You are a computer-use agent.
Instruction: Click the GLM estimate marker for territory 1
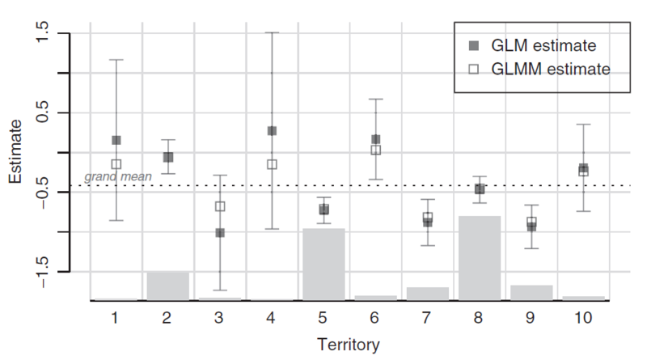(x=116, y=140)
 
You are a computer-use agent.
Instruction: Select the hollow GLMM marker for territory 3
(x=220, y=206)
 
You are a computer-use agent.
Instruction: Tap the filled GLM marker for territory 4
(x=273, y=130)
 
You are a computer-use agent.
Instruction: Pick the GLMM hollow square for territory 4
(x=273, y=164)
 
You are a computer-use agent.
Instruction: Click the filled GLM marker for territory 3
(x=220, y=233)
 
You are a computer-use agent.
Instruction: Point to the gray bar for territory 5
(x=323, y=264)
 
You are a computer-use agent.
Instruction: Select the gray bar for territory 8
(x=480, y=257)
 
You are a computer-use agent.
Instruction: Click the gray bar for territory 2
(x=168, y=286)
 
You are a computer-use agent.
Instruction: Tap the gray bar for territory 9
(x=531, y=292)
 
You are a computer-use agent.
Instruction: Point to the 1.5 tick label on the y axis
(x=42, y=34)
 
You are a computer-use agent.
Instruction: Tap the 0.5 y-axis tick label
(x=42, y=112)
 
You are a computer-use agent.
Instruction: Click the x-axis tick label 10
(x=583, y=318)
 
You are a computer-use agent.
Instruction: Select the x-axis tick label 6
(x=376, y=318)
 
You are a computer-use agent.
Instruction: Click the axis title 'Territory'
(x=349, y=345)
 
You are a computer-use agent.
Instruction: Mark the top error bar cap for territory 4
(x=273, y=33)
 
